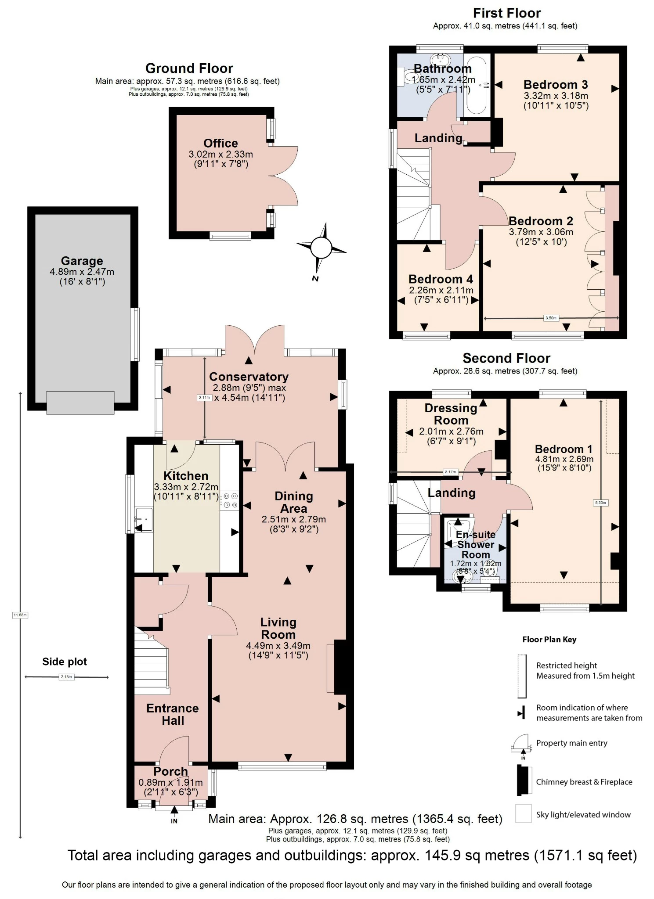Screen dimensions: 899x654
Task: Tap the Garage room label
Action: pyautogui.click(x=82, y=261)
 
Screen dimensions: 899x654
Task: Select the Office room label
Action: pyautogui.click(x=220, y=144)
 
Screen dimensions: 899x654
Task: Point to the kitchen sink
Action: pyautogui.click(x=144, y=519)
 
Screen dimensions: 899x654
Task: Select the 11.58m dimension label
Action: pyautogui.click(x=20, y=615)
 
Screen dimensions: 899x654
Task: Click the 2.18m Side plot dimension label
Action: pyautogui.click(x=66, y=677)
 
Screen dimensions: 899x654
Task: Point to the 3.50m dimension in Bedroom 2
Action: pyautogui.click(x=551, y=318)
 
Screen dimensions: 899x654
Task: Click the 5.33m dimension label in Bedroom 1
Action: pyautogui.click(x=600, y=503)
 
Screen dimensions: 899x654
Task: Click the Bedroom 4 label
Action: pyautogui.click(x=441, y=279)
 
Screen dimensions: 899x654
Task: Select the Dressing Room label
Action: pyautogui.click(x=451, y=414)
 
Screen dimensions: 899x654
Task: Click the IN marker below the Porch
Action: pyautogui.click(x=174, y=821)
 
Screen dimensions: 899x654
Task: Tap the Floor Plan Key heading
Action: pyautogui.click(x=549, y=640)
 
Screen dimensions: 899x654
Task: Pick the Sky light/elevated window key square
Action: pyautogui.click(x=523, y=813)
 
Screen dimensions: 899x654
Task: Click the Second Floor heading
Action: pyautogui.click(x=506, y=358)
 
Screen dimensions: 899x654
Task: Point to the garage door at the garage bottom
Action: pyautogui.click(x=80, y=403)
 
